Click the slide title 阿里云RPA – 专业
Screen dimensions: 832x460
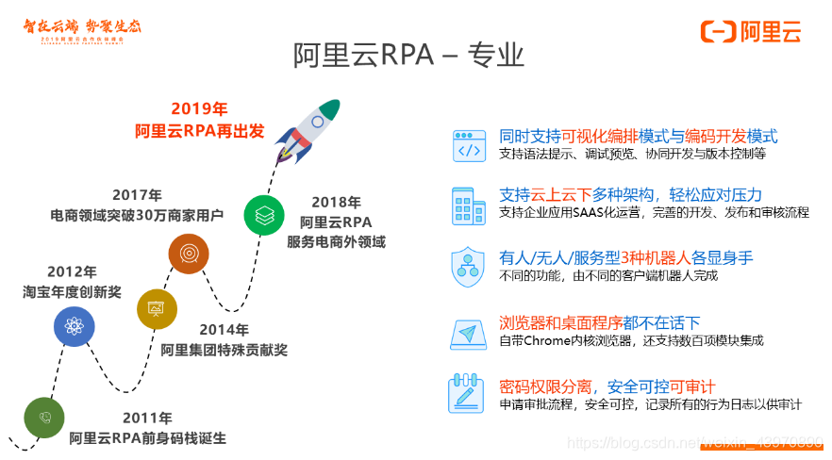(408, 55)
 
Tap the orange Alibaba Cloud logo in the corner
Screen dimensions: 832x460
(751, 30)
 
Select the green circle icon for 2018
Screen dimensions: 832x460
(264, 215)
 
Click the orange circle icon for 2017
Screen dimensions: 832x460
(189, 254)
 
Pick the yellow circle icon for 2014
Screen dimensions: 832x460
(157, 309)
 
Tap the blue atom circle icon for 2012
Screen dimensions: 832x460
(74, 327)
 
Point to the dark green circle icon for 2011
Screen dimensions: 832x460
(44, 418)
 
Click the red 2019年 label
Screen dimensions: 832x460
(199, 108)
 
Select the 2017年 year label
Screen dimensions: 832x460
(137, 195)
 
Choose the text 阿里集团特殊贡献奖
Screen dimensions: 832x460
(224, 350)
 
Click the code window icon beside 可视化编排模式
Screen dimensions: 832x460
(469, 144)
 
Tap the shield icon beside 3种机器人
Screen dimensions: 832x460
(468, 266)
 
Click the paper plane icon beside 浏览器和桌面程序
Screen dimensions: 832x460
(468, 334)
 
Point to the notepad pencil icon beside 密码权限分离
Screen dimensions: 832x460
(468, 394)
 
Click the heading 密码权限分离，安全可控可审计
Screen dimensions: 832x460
(607, 386)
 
